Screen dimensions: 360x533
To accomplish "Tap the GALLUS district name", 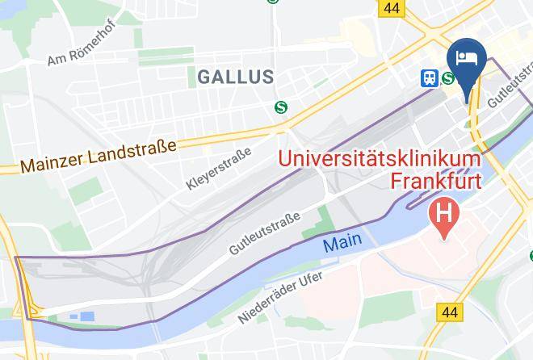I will (235, 77).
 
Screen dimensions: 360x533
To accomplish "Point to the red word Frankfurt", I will (435, 179).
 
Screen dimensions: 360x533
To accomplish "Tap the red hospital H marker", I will (444, 215).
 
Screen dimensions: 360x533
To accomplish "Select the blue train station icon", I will (429, 78).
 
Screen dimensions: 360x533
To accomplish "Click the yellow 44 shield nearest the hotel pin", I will (392, 7).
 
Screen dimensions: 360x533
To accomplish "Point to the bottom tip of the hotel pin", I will (466, 101).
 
